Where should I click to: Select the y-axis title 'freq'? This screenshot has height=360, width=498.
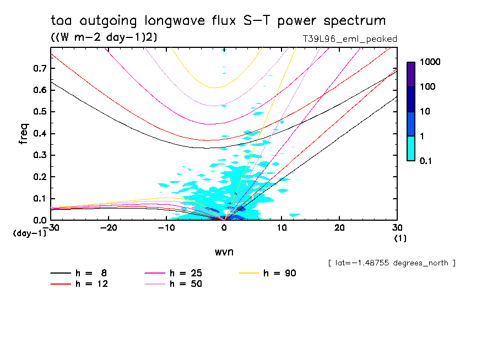(24, 134)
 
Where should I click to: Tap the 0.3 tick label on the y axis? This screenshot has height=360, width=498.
(39, 155)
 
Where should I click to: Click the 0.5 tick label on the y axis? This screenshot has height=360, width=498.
(39, 112)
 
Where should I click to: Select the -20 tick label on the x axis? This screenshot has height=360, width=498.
(109, 228)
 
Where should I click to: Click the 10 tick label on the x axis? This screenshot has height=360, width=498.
(282, 228)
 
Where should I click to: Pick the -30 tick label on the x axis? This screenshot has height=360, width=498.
(51, 228)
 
